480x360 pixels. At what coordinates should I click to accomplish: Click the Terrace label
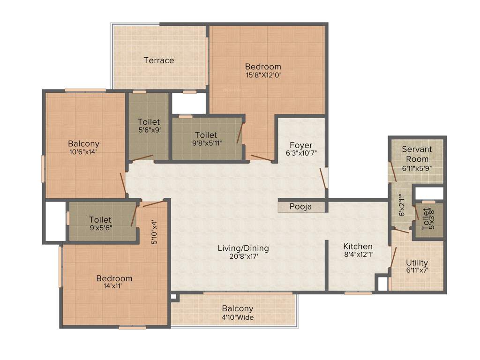point(159,60)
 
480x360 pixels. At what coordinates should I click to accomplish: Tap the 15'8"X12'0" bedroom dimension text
point(263,75)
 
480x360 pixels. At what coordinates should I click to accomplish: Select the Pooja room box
point(301,207)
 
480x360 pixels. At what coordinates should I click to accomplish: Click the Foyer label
point(301,145)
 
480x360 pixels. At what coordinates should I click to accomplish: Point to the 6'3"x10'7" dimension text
point(301,153)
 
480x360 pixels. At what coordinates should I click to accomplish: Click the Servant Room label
point(417,154)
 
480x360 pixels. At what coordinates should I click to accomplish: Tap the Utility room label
point(417,262)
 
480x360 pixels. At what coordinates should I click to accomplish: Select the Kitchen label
point(358,247)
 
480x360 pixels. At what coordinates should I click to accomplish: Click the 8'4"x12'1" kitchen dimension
point(358,255)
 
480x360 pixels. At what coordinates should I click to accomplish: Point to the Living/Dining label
point(243,248)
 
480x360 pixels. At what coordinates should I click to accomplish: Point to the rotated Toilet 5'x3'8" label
point(426,219)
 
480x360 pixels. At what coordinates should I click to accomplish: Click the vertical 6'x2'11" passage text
point(401,205)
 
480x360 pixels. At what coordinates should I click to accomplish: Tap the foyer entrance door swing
point(323,180)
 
